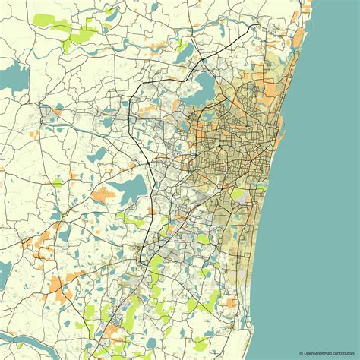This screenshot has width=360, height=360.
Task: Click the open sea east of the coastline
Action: (327, 152)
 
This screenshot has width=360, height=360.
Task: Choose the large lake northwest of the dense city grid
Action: (205, 84)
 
